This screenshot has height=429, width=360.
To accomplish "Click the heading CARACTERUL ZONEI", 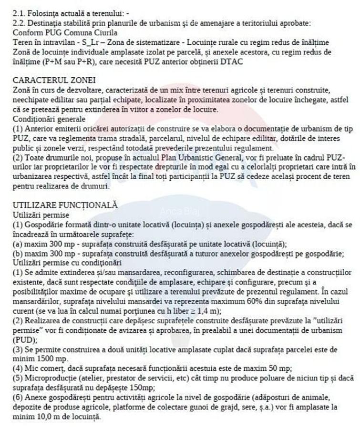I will [54, 81].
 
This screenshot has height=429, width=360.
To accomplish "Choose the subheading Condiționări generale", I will [49, 118].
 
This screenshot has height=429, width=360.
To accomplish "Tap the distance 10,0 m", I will [45, 417].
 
